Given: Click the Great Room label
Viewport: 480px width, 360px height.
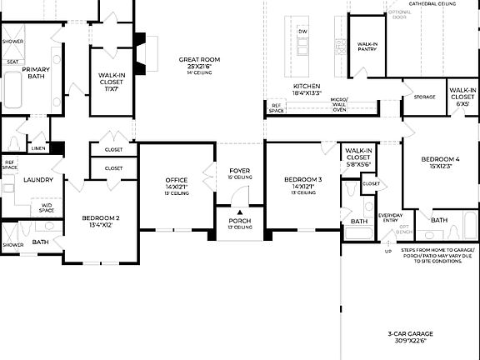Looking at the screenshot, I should tap(199, 60).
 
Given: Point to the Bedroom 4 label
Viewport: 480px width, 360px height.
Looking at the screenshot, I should tap(439, 159).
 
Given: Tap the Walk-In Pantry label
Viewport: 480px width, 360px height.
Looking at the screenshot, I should tap(368, 47).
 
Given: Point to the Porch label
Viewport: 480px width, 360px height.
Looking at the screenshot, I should tap(240, 221).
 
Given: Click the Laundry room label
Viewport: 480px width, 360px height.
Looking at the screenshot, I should tap(38, 179).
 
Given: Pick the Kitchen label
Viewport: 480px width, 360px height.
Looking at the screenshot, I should tap(307, 87).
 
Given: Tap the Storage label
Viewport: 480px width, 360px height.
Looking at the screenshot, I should tap(424, 97).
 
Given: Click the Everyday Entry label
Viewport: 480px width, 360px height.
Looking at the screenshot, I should tap(390, 217).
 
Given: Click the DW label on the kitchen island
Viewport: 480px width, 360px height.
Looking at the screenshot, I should tap(302, 32).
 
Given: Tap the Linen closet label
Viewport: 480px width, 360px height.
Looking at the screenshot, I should tap(38, 148).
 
